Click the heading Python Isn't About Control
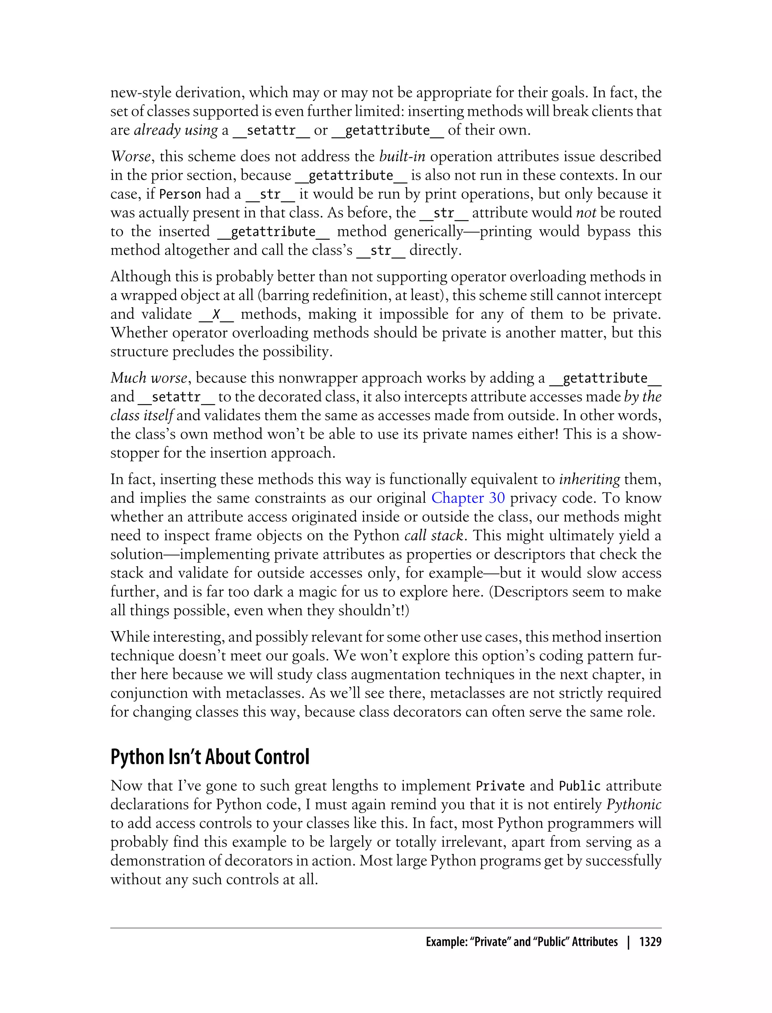210,757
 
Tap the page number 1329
650,942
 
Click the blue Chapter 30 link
468,498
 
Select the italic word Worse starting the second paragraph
130,157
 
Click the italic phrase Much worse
149,378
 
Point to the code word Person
180,194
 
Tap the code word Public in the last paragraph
579,786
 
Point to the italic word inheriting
590,479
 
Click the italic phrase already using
176,130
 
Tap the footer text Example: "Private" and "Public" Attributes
522,942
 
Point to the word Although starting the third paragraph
140,277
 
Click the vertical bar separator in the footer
629,942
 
